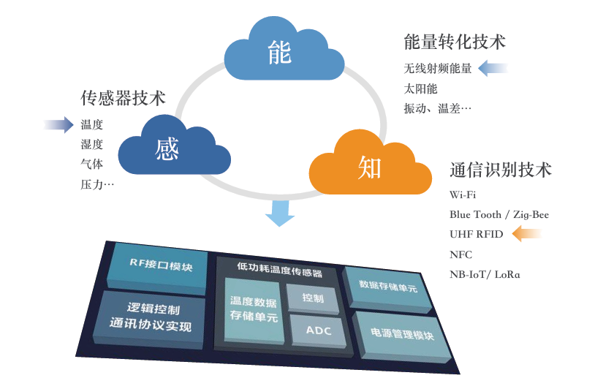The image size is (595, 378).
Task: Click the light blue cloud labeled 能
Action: click(284, 51)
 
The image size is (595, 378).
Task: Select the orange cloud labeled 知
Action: click(371, 165)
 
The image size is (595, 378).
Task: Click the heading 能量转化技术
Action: click(455, 42)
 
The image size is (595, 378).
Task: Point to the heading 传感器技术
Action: click(123, 98)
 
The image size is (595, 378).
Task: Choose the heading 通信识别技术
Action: click(501, 170)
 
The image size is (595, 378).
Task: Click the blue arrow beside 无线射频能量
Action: click(493, 68)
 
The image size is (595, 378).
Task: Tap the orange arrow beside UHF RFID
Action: click(527, 233)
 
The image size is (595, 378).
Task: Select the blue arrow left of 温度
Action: click(58, 124)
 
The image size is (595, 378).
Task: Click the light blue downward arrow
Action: click(280, 213)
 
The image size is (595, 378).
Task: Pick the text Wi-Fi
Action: click(463, 194)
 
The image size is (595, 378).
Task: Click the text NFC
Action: click(461, 254)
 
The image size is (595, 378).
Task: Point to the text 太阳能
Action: click(420, 88)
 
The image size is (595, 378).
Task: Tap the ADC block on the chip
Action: click(318, 330)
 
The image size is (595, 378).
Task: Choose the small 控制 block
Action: click(313, 298)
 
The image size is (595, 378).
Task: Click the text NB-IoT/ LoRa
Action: click(485, 274)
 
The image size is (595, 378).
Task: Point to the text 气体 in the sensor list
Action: click(91, 165)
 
